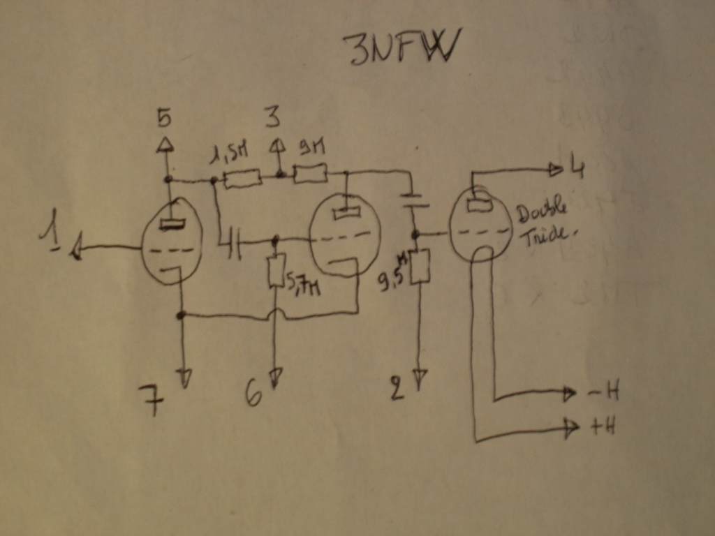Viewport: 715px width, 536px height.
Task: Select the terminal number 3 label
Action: coord(272,117)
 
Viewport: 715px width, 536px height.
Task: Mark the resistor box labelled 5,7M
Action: coord(277,271)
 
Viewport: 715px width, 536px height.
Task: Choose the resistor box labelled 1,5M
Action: coord(242,178)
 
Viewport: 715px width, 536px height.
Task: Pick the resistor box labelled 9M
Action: coord(310,172)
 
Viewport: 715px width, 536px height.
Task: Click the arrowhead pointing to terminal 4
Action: coord(556,169)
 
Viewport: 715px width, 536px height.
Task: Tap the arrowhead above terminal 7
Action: coord(185,379)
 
